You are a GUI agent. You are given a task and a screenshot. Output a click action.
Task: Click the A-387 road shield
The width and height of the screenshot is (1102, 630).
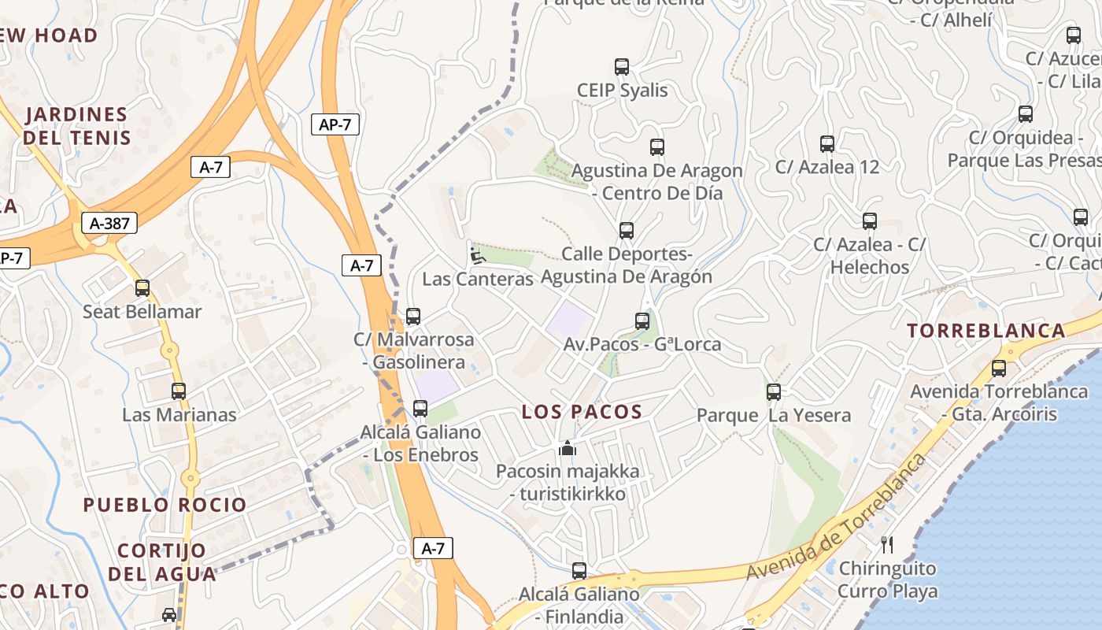(x=109, y=224)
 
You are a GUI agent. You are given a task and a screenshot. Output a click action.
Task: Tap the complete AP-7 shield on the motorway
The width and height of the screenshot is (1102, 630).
(x=335, y=124)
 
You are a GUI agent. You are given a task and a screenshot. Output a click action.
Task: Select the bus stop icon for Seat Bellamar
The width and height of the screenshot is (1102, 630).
(x=142, y=288)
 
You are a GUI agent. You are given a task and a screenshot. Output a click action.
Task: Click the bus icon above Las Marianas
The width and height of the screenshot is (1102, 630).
(x=179, y=391)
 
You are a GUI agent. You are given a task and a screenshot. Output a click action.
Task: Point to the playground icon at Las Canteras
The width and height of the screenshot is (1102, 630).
(x=477, y=255)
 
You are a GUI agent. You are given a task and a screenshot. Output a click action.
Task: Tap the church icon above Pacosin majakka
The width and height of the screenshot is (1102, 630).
(x=568, y=449)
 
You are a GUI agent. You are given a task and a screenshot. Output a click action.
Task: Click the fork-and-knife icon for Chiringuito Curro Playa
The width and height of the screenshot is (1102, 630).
(x=887, y=544)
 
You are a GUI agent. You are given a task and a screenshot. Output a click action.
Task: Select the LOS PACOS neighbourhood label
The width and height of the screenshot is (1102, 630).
(x=582, y=411)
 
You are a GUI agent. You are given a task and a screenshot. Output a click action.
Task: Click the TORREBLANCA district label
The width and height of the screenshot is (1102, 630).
(x=986, y=331)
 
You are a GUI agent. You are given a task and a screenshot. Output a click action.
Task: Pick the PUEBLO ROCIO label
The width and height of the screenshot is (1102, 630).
(x=165, y=505)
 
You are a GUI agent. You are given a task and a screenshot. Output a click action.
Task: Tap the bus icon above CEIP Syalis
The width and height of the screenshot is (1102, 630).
(x=622, y=67)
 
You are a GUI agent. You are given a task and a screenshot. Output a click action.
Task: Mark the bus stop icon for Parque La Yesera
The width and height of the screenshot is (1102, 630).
(x=774, y=391)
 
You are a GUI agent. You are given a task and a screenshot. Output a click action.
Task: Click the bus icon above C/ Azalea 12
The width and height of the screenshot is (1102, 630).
(x=827, y=144)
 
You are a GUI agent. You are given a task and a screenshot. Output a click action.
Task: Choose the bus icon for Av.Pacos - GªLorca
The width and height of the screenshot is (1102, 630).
(x=642, y=321)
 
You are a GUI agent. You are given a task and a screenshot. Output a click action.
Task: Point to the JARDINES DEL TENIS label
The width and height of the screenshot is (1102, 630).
(x=76, y=126)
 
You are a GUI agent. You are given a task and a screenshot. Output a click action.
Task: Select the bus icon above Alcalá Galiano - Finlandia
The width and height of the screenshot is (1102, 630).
(x=579, y=571)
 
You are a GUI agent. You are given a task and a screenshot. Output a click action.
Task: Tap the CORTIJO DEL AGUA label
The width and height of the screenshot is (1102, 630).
(x=162, y=562)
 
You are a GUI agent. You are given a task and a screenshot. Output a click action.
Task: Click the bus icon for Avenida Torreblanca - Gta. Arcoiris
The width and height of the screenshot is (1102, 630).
(x=999, y=368)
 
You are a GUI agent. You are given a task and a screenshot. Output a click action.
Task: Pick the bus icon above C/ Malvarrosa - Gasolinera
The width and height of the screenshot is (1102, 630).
(x=413, y=317)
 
